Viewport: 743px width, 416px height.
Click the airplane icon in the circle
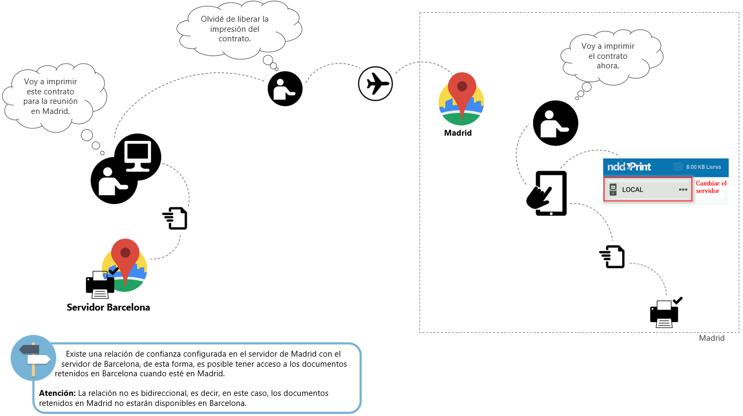[x=375, y=84]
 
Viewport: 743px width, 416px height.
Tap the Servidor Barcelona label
[x=108, y=307]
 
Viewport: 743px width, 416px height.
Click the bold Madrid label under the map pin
[x=458, y=133]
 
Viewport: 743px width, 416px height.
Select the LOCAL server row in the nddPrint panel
[x=647, y=190]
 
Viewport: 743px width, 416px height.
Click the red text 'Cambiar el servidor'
[x=711, y=187]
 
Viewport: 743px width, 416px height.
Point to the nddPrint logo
[x=629, y=167]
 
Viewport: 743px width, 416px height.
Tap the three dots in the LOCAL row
[x=683, y=190]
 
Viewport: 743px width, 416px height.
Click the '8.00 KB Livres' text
[x=703, y=167]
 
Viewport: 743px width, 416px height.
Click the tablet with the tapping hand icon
[x=548, y=193]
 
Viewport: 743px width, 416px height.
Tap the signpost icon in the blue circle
[x=33, y=358]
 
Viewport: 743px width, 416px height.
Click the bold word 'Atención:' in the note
[x=57, y=393]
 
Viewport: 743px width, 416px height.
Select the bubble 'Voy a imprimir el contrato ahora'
[x=608, y=56]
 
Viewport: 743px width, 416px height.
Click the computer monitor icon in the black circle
[x=138, y=157]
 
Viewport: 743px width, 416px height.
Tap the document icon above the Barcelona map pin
[x=176, y=218]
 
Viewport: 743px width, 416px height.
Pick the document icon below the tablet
[x=613, y=257]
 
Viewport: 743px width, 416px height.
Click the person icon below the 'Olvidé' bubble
[x=285, y=89]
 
